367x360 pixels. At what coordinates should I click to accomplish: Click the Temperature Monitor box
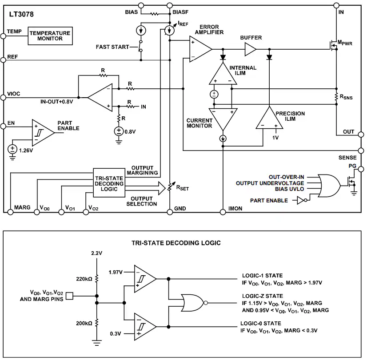[50, 36]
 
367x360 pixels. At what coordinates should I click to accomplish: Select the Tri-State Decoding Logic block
[109, 183]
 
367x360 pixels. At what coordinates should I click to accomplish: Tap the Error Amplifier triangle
[200, 49]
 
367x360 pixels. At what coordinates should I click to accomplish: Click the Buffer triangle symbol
[250, 49]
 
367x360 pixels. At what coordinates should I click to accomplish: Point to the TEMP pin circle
[3, 36]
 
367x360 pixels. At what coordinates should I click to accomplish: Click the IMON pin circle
[223, 212]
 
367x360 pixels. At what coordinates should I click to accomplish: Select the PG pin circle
[361, 169]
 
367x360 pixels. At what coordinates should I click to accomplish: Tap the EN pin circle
[3, 126]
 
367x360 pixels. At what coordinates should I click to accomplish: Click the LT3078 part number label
[21, 14]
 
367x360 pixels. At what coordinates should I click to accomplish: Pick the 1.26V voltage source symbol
[12, 149]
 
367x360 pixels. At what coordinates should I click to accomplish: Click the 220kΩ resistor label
[84, 279]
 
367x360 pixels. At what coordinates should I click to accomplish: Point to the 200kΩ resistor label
[84, 323]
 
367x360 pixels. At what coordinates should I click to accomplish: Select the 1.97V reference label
[116, 272]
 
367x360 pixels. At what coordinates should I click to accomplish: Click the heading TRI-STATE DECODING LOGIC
[176, 243]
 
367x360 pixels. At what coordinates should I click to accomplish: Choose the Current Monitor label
[199, 123]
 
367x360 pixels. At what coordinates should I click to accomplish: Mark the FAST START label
[112, 47]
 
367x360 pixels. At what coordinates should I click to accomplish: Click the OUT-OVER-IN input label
[286, 177]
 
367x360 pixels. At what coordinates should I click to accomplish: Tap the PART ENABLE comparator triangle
[43, 133]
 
